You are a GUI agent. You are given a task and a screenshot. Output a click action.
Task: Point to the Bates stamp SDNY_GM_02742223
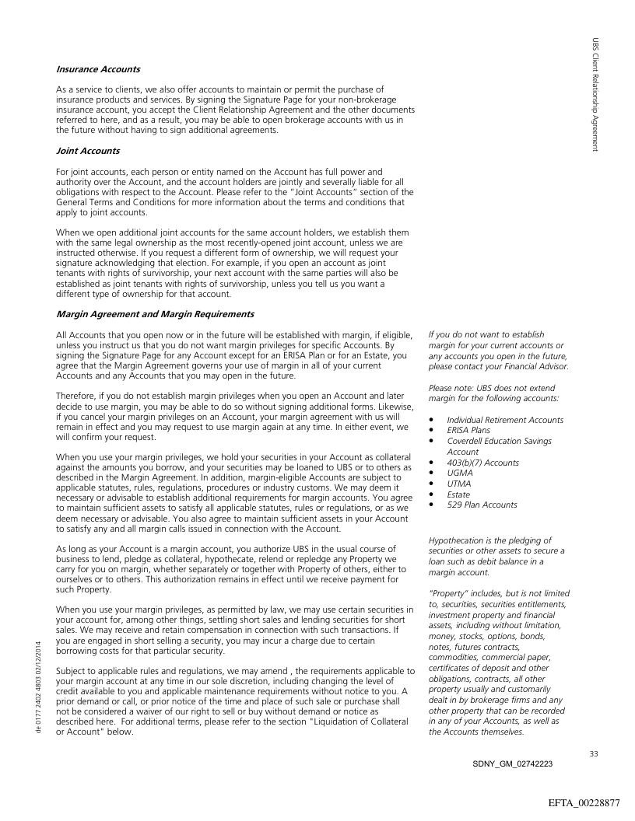point(512,764)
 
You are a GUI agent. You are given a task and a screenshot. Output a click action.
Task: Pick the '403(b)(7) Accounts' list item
point(482,462)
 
